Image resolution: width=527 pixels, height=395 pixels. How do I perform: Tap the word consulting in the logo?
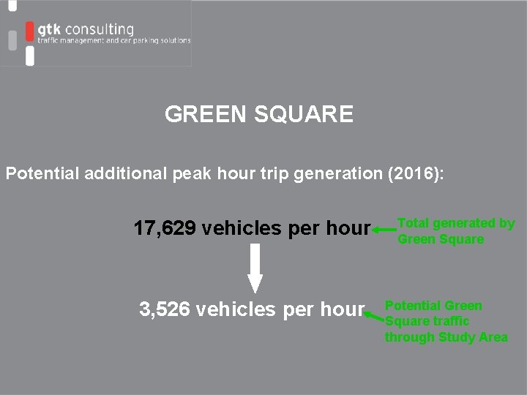click(x=100, y=30)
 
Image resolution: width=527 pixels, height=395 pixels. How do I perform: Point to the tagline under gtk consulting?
click(x=114, y=42)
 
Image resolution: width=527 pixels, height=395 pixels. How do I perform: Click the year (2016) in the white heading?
click(x=419, y=175)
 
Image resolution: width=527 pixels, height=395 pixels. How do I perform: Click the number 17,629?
click(x=164, y=229)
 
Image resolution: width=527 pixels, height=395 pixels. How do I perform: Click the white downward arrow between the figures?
click(x=254, y=268)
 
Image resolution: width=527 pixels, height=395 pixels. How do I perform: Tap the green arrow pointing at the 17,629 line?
click(x=383, y=230)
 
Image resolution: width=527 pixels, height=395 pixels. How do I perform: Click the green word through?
click(x=410, y=337)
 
